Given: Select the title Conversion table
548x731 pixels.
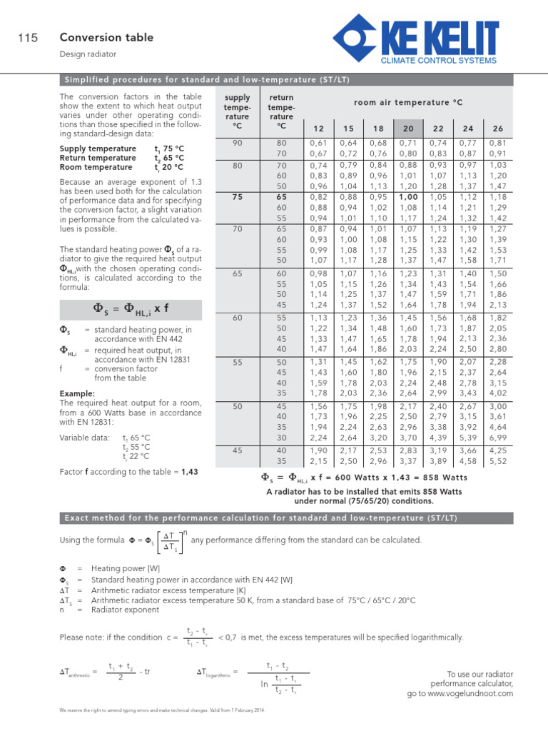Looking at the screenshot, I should [106, 38].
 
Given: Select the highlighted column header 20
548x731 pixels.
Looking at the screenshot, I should [408, 128].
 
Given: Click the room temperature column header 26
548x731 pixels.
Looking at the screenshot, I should [498, 128].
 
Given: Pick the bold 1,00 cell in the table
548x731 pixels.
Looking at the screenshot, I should [408, 197].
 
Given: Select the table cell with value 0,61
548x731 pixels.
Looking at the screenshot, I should [318, 143].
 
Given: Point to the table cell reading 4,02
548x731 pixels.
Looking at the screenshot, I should [498, 392].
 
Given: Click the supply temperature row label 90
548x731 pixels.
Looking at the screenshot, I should [237, 143].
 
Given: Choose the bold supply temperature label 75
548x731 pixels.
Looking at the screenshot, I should [237, 197].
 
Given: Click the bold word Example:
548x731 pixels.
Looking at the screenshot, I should [77, 394].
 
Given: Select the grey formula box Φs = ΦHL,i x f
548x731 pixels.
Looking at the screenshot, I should [131, 309].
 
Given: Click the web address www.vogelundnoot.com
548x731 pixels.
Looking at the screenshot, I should [470, 693].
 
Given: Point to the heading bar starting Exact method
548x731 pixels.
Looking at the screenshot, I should [274, 516].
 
